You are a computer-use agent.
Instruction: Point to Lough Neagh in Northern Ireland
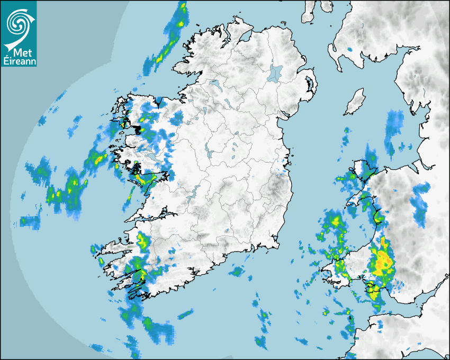[275, 73]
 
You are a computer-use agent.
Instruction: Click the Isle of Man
[355, 102]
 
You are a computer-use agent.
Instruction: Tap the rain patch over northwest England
[394, 127]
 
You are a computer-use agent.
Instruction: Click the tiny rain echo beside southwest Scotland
[350, 49]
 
